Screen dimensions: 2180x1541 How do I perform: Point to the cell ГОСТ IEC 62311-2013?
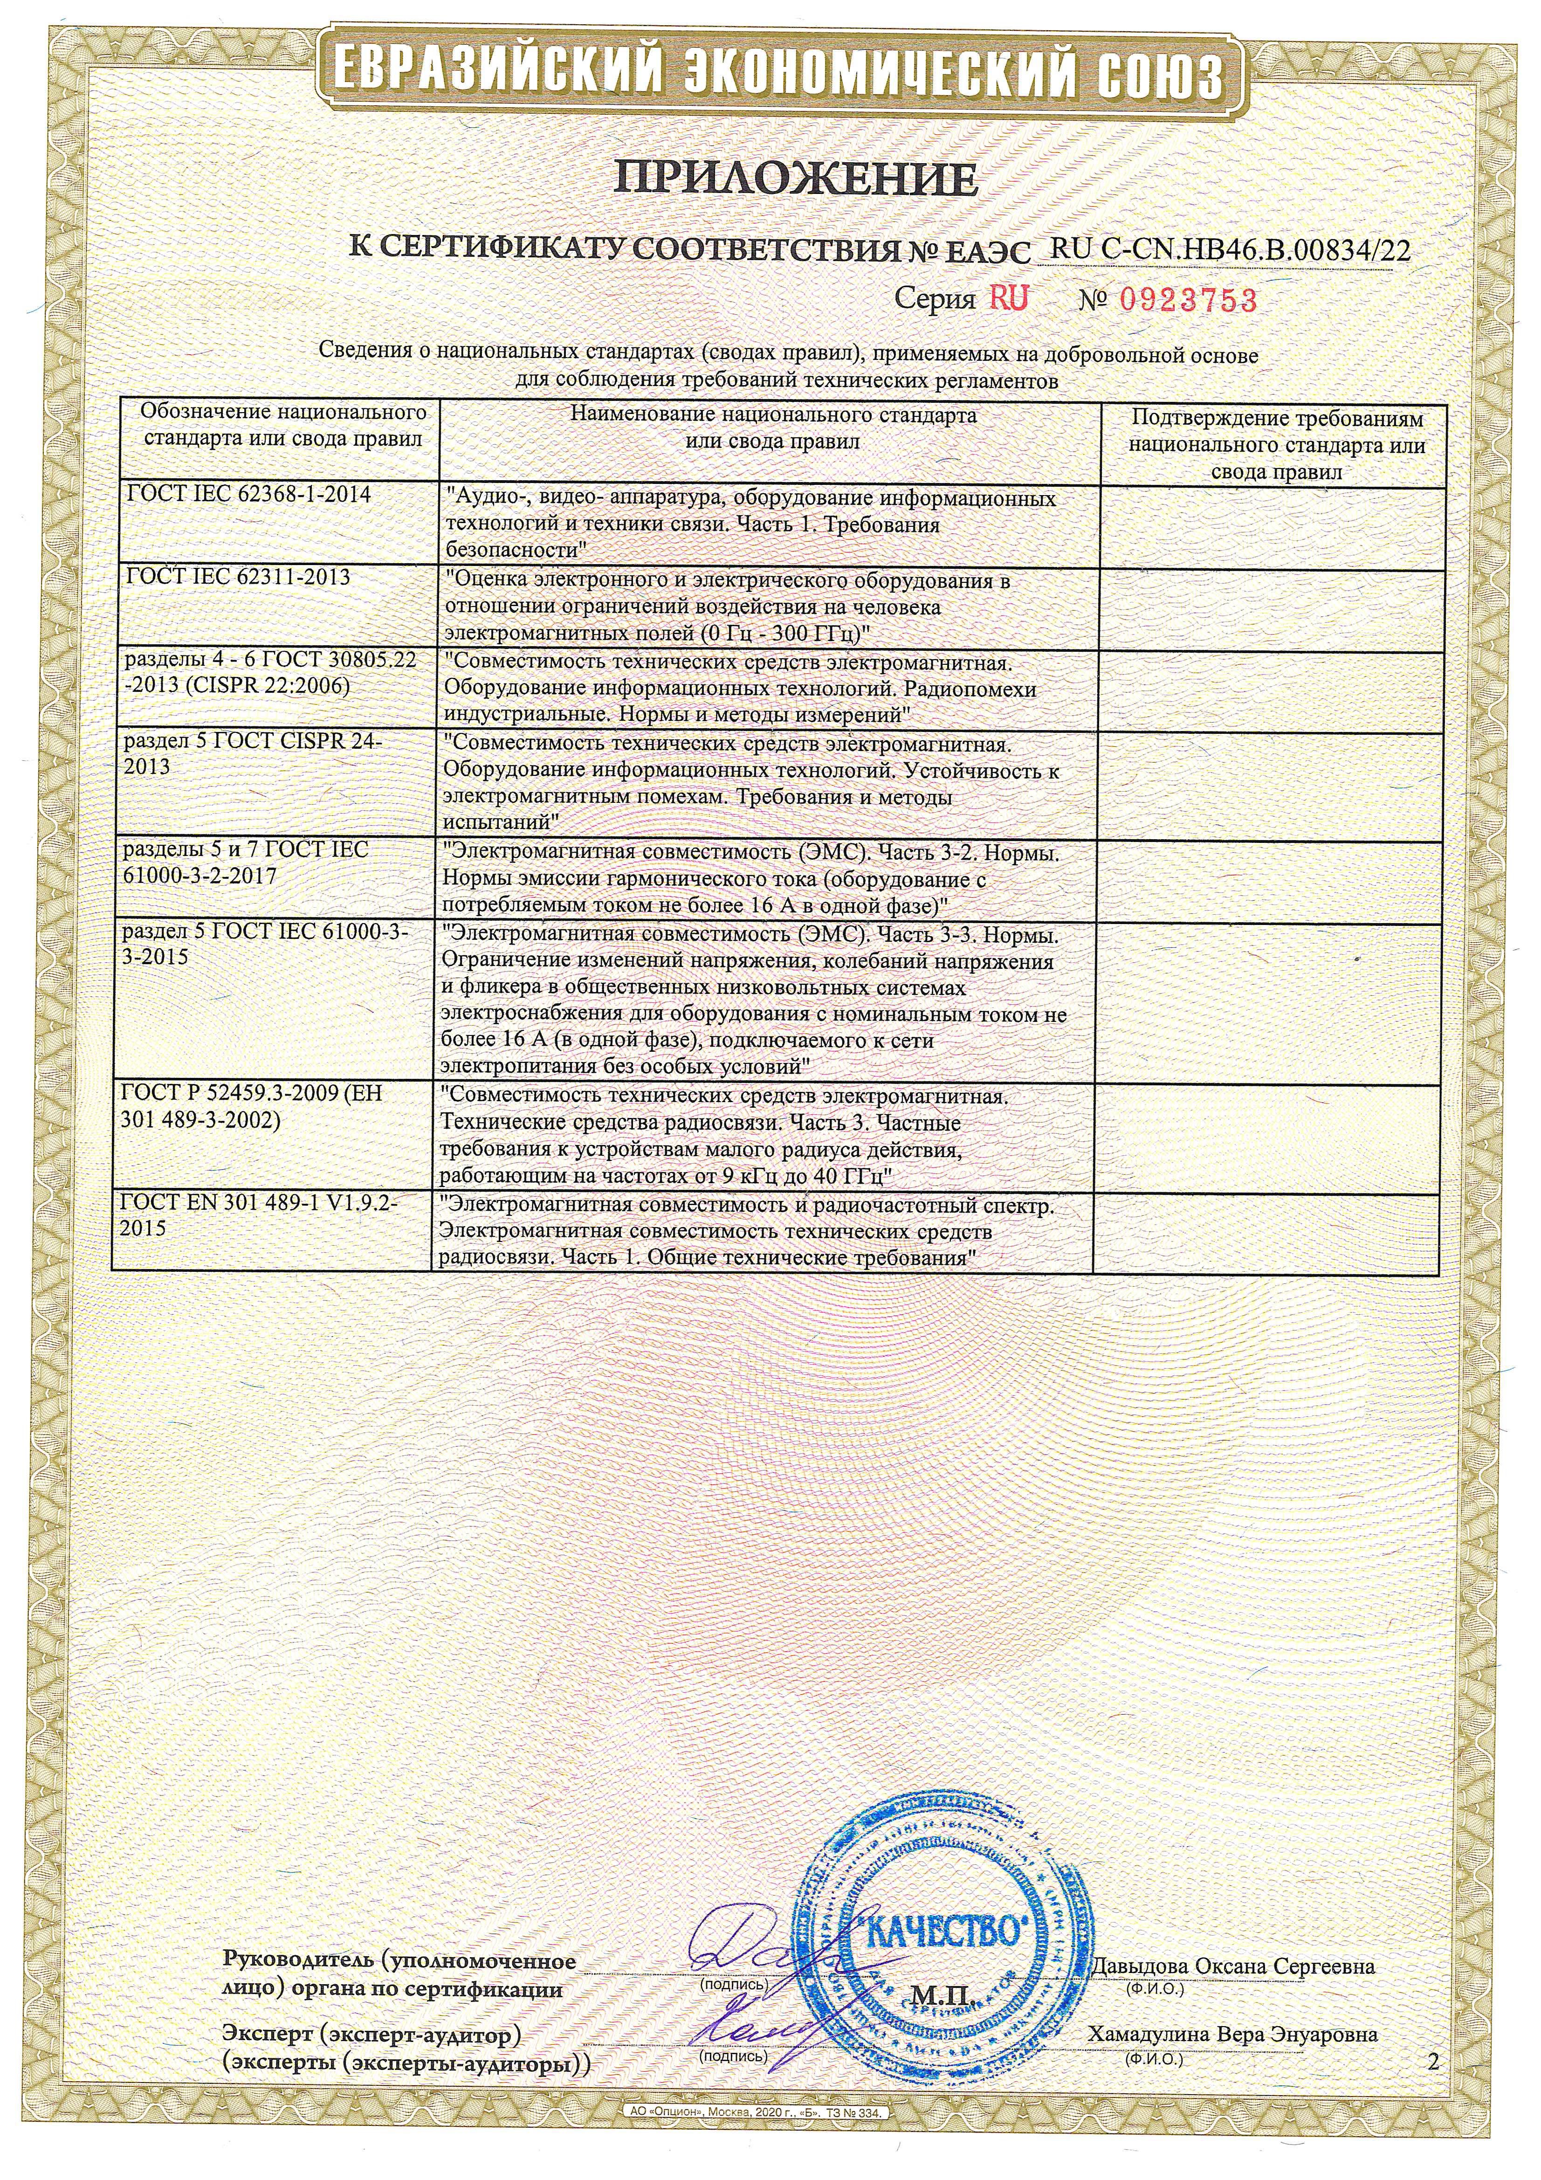[237, 577]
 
